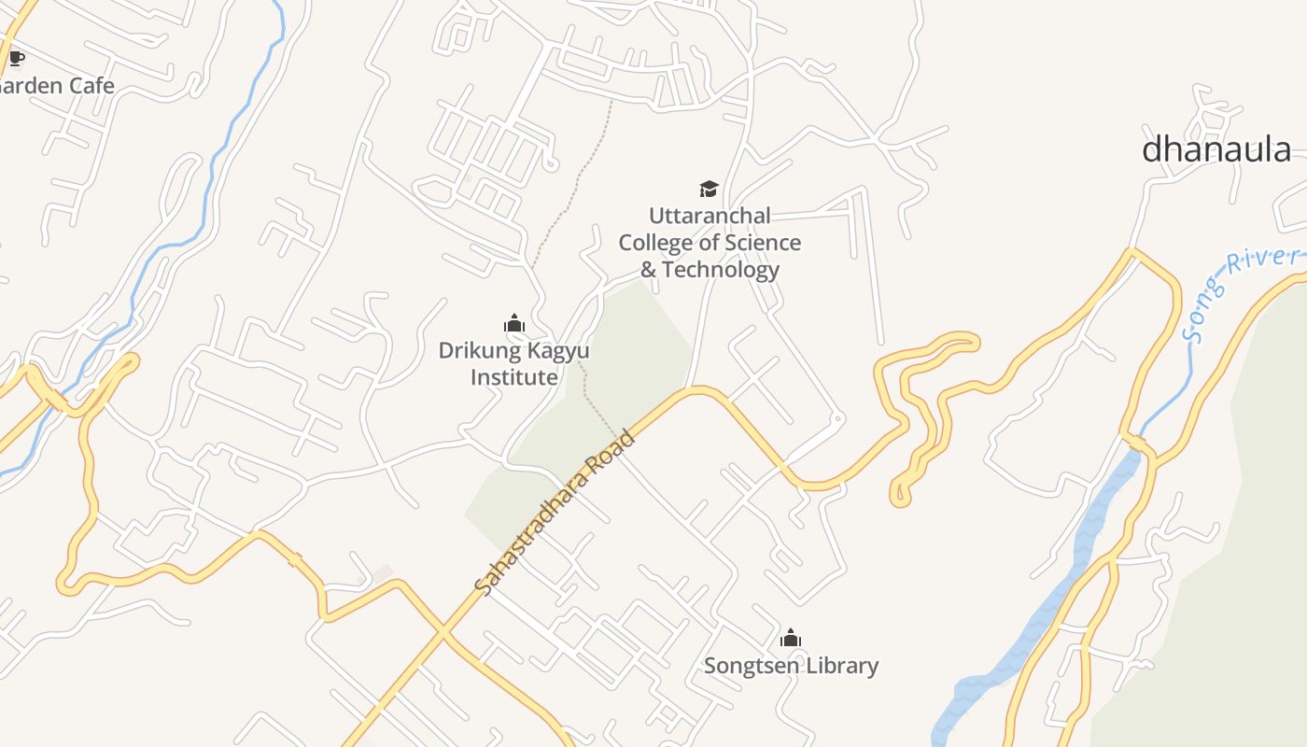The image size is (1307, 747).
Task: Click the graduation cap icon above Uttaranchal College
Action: pos(710,189)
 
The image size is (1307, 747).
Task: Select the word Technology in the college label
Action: pos(722,270)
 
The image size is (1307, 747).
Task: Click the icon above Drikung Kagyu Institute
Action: pos(513,324)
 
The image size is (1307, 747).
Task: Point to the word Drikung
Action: pos(478,351)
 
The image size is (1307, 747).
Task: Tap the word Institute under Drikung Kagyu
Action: pos(513,377)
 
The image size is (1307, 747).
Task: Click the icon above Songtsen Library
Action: pos(791,639)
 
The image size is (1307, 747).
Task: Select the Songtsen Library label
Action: pos(791,666)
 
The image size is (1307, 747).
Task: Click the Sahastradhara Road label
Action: pos(555,513)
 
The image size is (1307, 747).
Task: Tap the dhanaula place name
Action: pos(1216,149)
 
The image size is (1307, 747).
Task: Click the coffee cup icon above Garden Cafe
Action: pos(16,59)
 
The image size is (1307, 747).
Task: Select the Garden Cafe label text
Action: pos(56,86)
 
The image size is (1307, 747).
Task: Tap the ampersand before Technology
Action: pos(648,270)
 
